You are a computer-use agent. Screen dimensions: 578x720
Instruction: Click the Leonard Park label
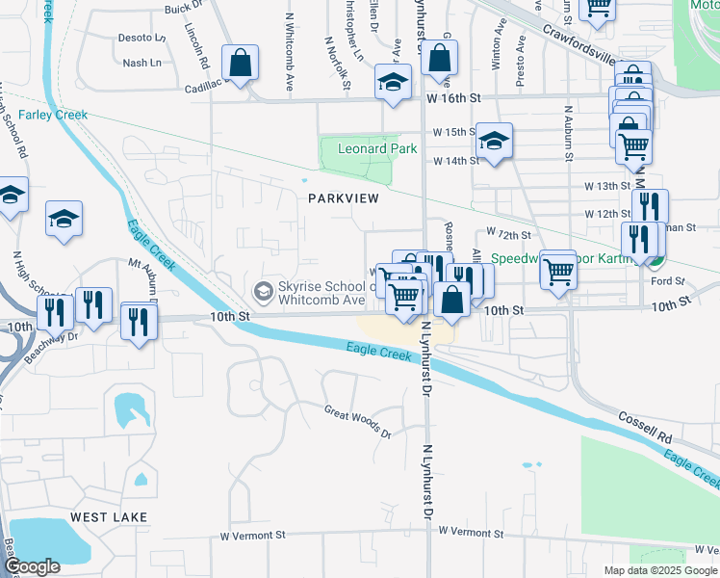[377, 148]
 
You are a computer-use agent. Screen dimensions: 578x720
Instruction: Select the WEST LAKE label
[109, 517]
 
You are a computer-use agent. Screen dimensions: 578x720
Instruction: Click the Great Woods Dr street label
[358, 422]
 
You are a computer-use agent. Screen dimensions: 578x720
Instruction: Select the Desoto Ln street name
[141, 38]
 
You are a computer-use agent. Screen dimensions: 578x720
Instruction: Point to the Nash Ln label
[143, 63]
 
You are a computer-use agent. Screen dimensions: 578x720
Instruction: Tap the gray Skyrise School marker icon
[261, 290]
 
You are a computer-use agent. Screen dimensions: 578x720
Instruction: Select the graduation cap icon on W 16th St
[394, 82]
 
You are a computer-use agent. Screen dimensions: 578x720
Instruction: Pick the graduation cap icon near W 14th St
[494, 143]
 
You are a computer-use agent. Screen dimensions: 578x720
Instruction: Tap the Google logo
[34, 566]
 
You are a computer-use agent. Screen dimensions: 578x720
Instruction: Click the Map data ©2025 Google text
[660, 570]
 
